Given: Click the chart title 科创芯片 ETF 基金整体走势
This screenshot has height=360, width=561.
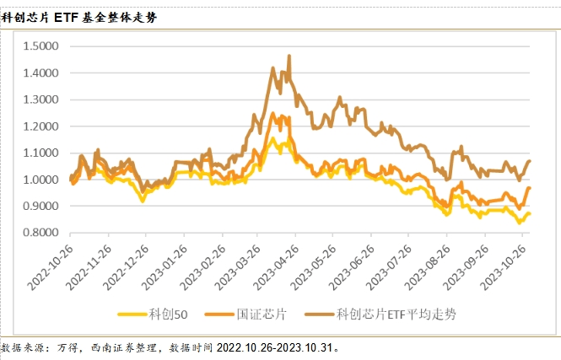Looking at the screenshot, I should (83, 16).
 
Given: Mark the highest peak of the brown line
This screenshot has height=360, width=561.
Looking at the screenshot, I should (289, 56).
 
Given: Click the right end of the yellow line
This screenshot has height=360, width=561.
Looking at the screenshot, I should (530, 214).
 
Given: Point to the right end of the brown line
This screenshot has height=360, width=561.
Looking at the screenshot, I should (530, 160).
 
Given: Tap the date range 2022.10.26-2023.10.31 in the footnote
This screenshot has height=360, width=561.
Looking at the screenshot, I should (278, 347).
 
